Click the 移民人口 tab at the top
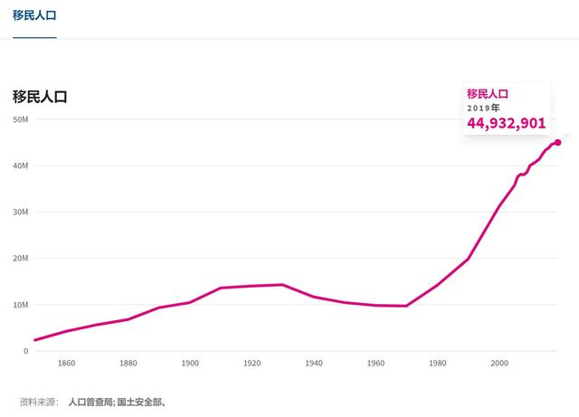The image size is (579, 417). click(34, 15)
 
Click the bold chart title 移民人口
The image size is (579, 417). click(40, 97)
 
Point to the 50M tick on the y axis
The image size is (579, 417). click(20, 120)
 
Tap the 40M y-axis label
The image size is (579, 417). click(20, 166)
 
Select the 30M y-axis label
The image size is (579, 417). click(20, 213)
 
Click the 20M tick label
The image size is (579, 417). click(20, 259)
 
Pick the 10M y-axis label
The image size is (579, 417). click(20, 305)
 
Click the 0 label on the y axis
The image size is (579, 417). click(25, 351)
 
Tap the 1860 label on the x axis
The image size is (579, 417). click(66, 364)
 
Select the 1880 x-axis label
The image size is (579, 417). click(128, 364)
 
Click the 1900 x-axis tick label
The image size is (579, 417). click(190, 364)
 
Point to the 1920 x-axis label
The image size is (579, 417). click(252, 364)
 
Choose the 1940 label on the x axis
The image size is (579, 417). click(314, 364)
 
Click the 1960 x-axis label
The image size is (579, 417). click(375, 364)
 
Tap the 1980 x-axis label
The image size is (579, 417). click(438, 364)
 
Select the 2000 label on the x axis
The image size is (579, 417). click(499, 364)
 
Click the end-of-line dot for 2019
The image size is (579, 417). click(557, 142)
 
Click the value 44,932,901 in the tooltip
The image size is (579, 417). click(506, 123)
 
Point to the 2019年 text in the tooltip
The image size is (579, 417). click(483, 108)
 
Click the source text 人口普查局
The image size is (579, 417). click(90, 402)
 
